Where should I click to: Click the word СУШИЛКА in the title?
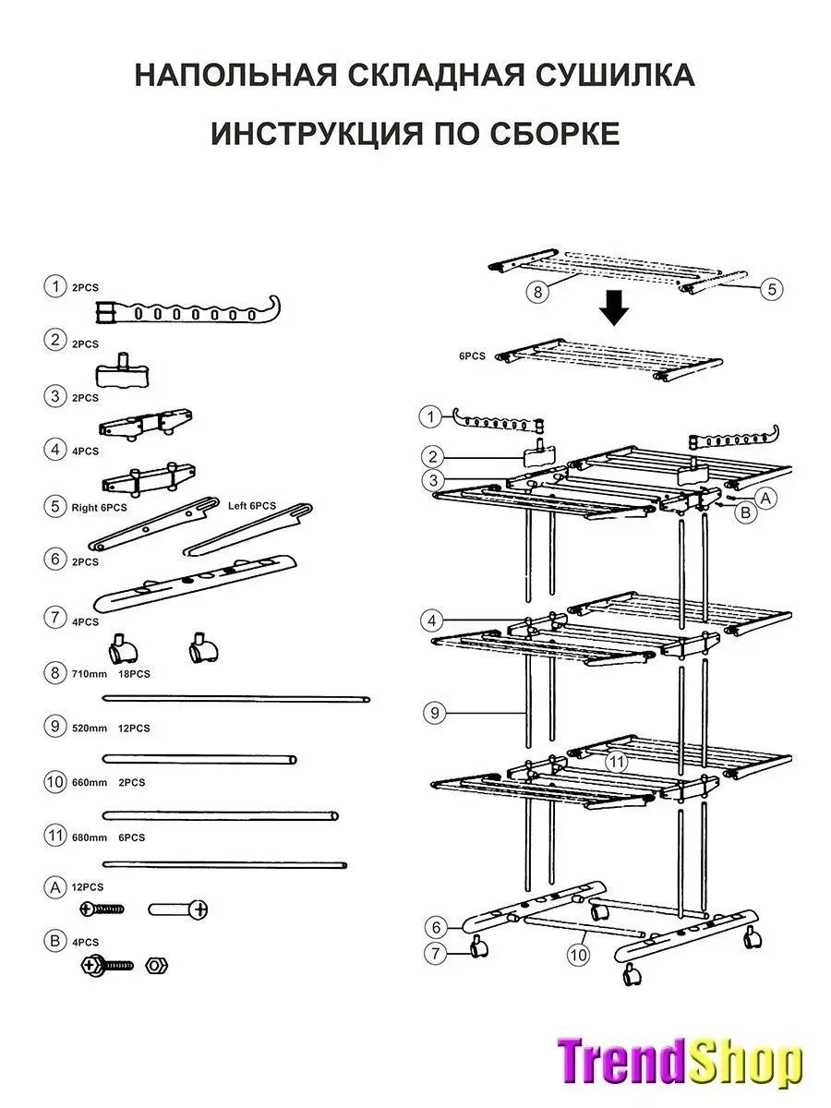[x=615, y=75]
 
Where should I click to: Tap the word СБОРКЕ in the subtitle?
[x=555, y=134]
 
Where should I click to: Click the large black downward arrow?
[x=614, y=307]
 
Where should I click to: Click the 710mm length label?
[x=90, y=674]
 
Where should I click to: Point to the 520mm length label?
[x=90, y=729]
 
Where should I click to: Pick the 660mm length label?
[x=90, y=783]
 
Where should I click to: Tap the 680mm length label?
[x=90, y=838]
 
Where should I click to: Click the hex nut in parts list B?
[x=156, y=966]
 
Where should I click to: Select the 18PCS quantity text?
[x=134, y=674]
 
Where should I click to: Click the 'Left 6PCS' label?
[x=252, y=506]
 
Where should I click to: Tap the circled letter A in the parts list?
[x=55, y=888]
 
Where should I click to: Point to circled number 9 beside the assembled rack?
[x=434, y=713]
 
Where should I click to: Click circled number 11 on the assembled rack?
[x=616, y=762]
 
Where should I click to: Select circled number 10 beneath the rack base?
[x=578, y=955]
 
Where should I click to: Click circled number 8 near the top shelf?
[x=537, y=292]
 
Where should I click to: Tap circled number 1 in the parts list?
[x=55, y=287]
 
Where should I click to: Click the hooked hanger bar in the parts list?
[x=187, y=311]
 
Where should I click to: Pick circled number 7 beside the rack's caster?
[x=435, y=954]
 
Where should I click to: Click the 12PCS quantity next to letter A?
[x=88, y=887]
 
